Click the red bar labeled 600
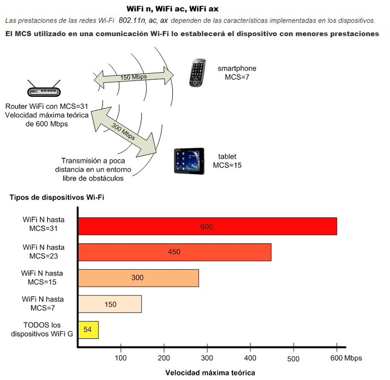click(207, 227)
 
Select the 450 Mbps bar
click(174, 252)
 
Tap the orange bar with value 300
click(138, 278)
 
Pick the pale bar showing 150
click(110, 304)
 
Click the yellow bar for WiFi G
click(88, 330)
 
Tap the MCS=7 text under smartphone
click(238, 77)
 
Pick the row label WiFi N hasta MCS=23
click(43, 251)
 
